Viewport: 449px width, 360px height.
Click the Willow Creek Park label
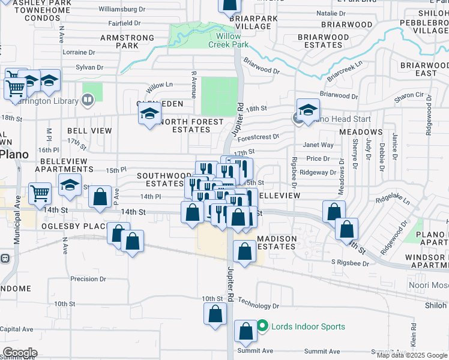click(x=228, y=40)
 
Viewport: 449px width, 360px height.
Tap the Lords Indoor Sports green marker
click(x=262, y=327)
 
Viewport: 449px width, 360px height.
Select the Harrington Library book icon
click(x=88, y=100)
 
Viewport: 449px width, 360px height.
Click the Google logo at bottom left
click(x=19, y=353)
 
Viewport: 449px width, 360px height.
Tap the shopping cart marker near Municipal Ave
click(x=40, y=194)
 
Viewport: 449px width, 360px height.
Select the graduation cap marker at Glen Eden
click(x=150, y=113)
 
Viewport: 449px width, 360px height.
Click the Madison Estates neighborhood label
click(x=277, y=242)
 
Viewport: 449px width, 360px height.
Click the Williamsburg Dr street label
click(x=121, y=10)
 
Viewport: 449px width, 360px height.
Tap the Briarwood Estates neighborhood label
click(x=324, y=41)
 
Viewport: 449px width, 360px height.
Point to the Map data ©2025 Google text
click(x=411, y=355)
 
